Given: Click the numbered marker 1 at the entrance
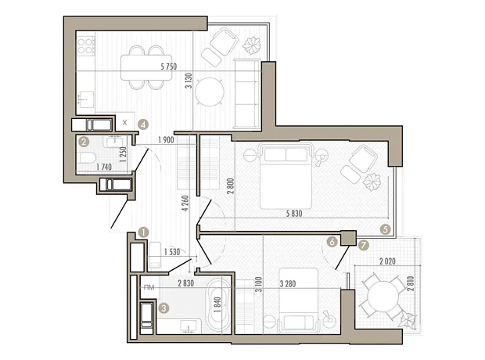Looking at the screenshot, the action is point(143,232).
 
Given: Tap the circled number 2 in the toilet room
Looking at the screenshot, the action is point(84,142).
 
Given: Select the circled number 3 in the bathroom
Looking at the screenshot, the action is point(163,308).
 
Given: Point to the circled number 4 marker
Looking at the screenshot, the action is point(143,124).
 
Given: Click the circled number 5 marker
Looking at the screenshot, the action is point(386,229).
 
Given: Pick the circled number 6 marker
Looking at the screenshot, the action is point(332,242).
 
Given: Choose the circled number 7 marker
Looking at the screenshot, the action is point(364,246).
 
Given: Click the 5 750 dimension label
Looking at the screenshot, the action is point(168,67).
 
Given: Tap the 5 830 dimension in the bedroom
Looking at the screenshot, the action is point(294,214).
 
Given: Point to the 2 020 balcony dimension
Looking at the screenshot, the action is point(387,261).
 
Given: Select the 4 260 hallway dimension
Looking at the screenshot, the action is point(185,203).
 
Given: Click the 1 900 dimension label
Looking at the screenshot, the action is point(166,140).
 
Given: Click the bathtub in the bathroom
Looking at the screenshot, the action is point(218,305).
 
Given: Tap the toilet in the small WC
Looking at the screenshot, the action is point(87,158).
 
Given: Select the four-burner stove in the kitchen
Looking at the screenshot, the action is point(86,45).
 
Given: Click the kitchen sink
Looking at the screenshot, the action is point(86,99).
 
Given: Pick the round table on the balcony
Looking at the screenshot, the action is point(383,297).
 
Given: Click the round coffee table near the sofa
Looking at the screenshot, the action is point(210,92).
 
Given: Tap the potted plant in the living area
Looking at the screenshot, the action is point(251,45).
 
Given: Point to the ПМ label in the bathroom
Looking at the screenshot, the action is point(149,287).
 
